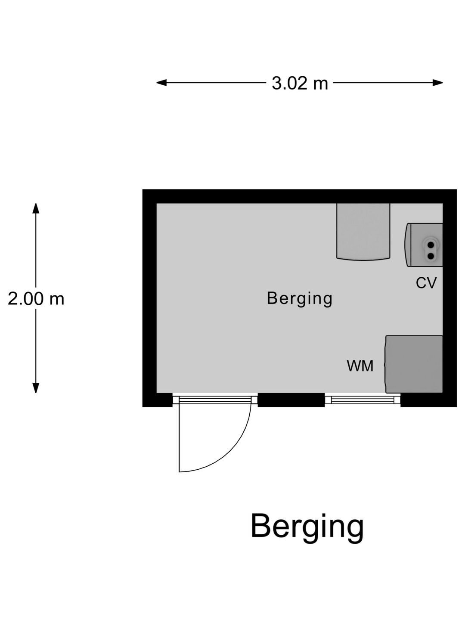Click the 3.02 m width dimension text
tap(300, 84)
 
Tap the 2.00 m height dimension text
tap(36, 298)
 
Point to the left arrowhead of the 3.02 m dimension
tap(161, 83)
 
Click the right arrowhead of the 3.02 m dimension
tap(437, 83)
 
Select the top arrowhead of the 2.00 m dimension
tap(36, 208)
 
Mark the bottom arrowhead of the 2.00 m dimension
tap(36, 388)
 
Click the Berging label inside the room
tap(300, 299)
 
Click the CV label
tap(426, 283)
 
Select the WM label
tap(360, 366)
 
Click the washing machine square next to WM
tap(414, 364)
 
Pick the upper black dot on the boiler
tap(431, 245)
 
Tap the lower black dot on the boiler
tap(431, 256)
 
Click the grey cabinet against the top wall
tap(363, 231)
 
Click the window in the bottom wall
tap(363, 400)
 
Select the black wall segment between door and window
tap(291, 400)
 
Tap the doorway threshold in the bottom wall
tap(215, 400)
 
